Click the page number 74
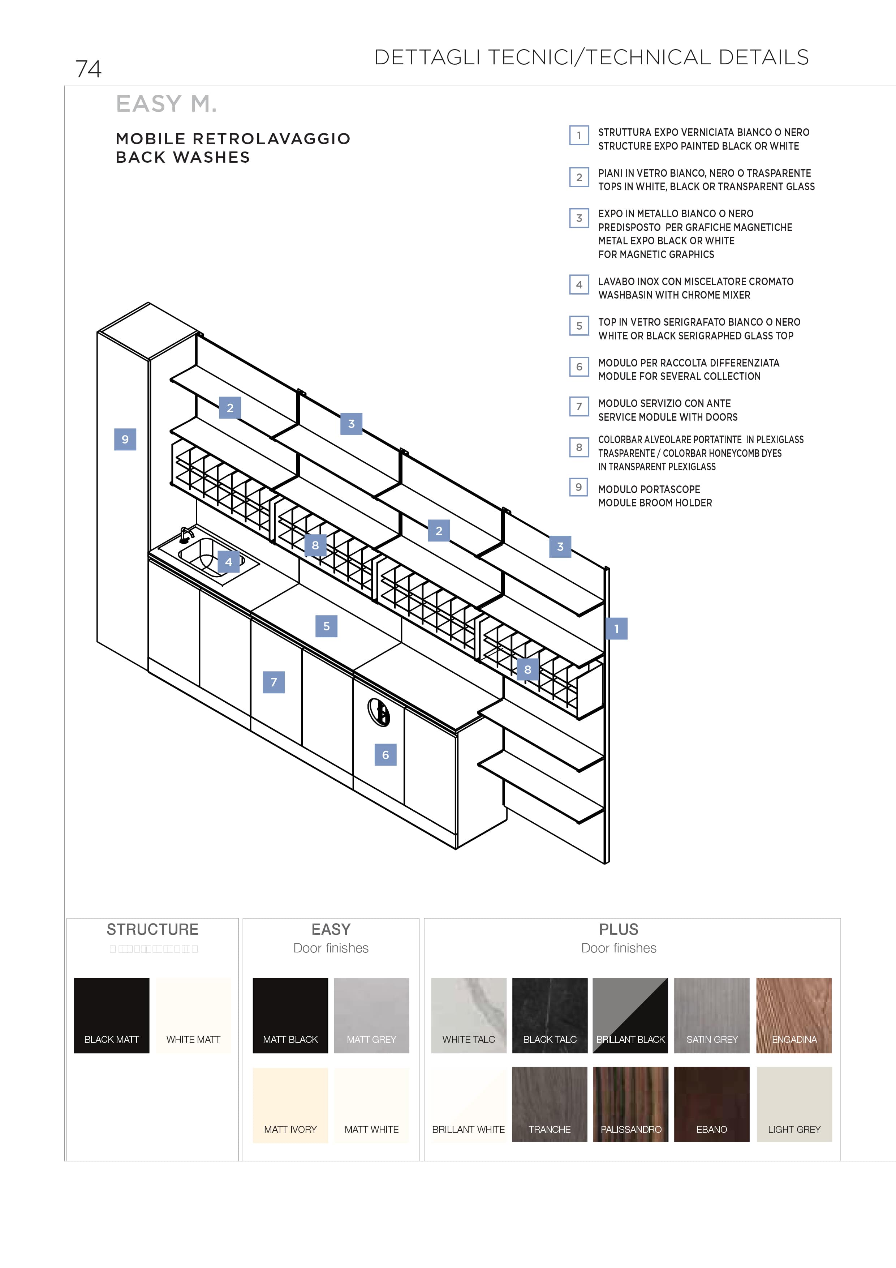pyautogui.click(x=88, y=69)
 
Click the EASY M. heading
pyautogui.click(x=166, y=104)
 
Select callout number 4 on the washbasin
pyautogui.click(x=229, y=562)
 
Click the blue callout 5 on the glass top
pyautogui.click(x=326, y=626)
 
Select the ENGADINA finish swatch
pyautogui.click(x=794, y=1015)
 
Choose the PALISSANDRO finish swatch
pyautogui.click(x=630, y=1105)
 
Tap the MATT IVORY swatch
pyautogui.click(x=290, y=1105)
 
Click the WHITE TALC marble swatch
pyautogui.click(x=469, y=1015)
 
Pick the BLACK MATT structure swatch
pyautogui.click(x=112, y=1015)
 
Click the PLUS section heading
pyautogui.click(x=618, y=929)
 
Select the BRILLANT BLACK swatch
pyautogui.click(x=630, y=1015)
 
